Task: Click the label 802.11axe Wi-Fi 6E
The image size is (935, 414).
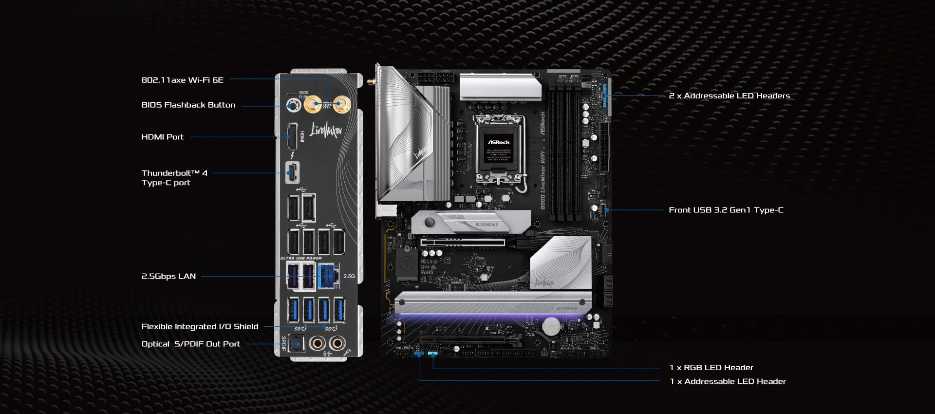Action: [182, 80]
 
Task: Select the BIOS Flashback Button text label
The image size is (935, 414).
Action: [188, 105]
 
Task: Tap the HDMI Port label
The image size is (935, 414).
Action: [162, 137]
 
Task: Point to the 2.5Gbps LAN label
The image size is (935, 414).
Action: [168, 276]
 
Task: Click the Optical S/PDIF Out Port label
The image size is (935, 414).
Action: [190, 344]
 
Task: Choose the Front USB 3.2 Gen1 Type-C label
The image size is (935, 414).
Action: [726, 210]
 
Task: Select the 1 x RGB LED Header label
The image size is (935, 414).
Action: [711, 368]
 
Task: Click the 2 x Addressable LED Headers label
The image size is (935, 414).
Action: [729, 96]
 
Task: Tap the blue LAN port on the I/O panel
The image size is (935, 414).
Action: [328, 276]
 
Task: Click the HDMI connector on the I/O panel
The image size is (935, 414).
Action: [291, 137]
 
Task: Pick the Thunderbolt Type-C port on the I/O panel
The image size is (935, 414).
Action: [293, 172]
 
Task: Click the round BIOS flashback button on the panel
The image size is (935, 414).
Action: [293, 105]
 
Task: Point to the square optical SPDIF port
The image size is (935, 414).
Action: [296, 343]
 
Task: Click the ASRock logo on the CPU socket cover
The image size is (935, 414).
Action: [499, 142]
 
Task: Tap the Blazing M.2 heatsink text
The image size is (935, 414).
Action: [486, 225]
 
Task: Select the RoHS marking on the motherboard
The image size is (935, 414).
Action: [427, 272]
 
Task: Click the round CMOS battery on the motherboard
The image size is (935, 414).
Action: [551, 326]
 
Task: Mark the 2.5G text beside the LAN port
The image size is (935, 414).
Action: [349, 276]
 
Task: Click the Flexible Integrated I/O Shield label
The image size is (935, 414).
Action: [200, 327]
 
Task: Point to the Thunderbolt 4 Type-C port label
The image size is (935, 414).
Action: [174, 178]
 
